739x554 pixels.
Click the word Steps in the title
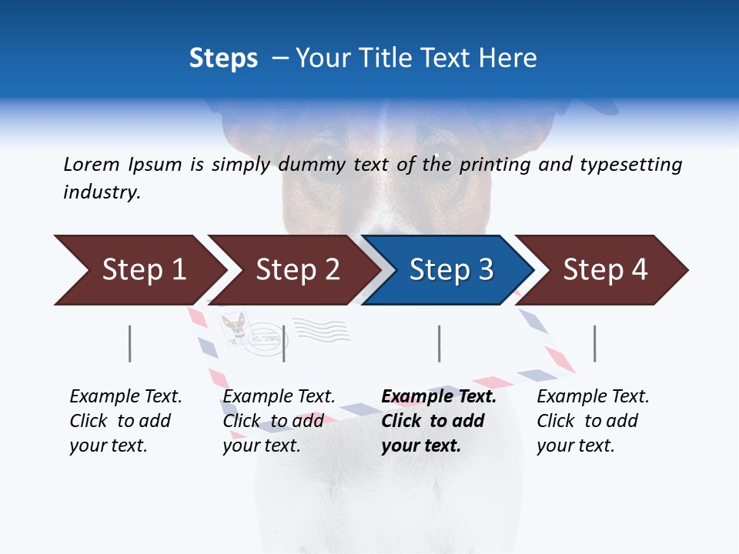(x=223, y=58)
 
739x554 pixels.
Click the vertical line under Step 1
(x=130, y=343)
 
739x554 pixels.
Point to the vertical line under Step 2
(x=284, y=343)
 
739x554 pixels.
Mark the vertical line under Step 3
(x=440, y=343)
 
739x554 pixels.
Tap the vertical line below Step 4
(x=595, y=343)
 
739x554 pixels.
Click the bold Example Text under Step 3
(x=439, y=421)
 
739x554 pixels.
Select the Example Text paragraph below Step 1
(x=125, y=421)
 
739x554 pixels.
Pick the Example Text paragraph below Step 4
(x=593, y=421)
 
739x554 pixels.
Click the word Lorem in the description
(x=92, y=164)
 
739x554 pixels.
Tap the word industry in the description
(x=102, y=192)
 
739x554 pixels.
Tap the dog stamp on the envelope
(x=233, y=326)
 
